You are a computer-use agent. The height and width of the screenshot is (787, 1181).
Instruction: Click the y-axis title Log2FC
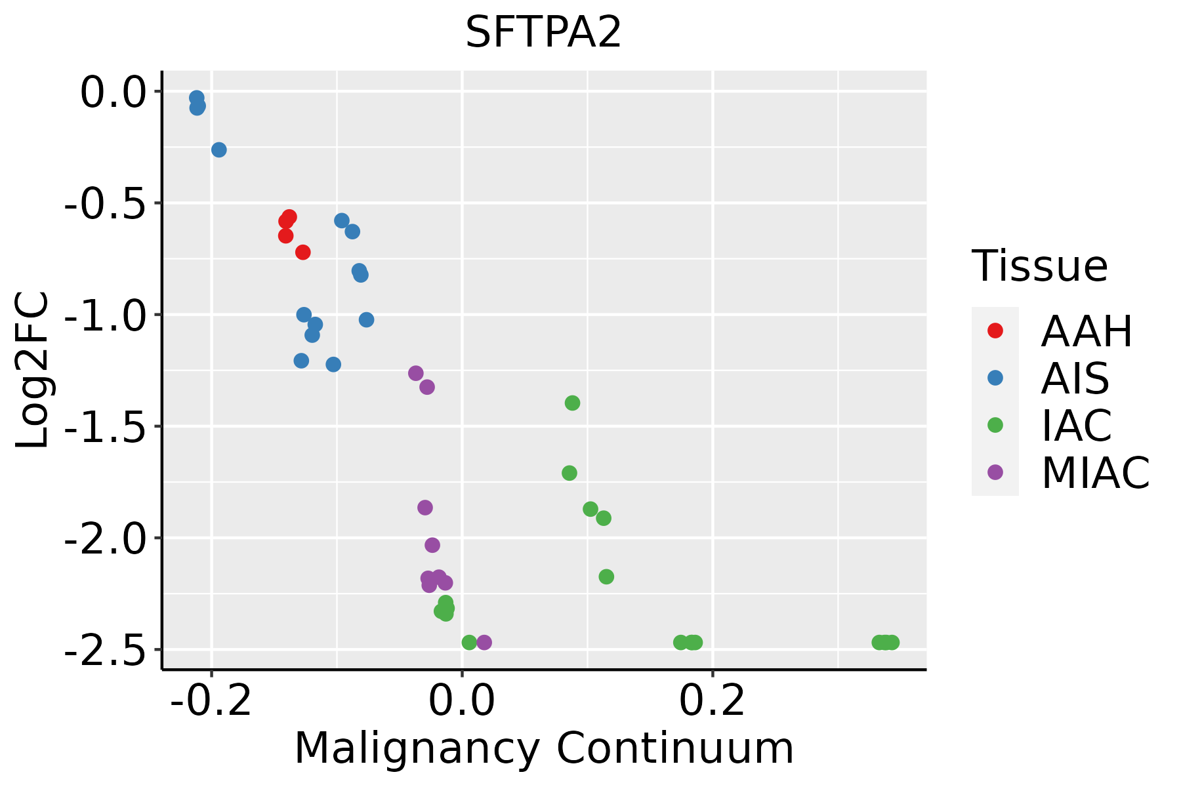(x=33, y=371)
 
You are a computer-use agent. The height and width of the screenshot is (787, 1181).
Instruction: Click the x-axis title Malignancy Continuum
(x=543, y=749)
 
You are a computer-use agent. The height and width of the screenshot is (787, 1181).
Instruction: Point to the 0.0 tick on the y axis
(x=112, y=92)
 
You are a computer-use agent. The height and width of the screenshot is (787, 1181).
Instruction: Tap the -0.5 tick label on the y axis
(x=105, y=204)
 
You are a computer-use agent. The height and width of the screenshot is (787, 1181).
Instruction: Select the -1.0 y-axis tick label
(x=105, y=315)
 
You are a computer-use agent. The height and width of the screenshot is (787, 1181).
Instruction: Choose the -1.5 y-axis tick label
(x=105, y=427)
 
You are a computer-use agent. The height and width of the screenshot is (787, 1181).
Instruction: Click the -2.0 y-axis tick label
(x=105, y=538)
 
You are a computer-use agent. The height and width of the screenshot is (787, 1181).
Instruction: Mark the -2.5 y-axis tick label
(x=105, y=650)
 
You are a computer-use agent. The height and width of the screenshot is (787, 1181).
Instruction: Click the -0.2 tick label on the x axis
(x=211, y=701)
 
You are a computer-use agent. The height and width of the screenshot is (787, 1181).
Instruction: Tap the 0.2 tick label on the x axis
(x=713, y=701)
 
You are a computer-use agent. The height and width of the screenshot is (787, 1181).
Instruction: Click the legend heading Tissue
(x=1039, y=266)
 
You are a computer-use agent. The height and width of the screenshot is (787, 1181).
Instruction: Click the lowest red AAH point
(x=302, y=252)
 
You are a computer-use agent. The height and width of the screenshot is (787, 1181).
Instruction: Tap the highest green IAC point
(x=572, y=403)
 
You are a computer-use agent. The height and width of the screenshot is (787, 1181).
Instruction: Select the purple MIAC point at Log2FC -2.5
(x=484, y=642)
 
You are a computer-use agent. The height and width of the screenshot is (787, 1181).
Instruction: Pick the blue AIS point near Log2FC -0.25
(x=219, y=150)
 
